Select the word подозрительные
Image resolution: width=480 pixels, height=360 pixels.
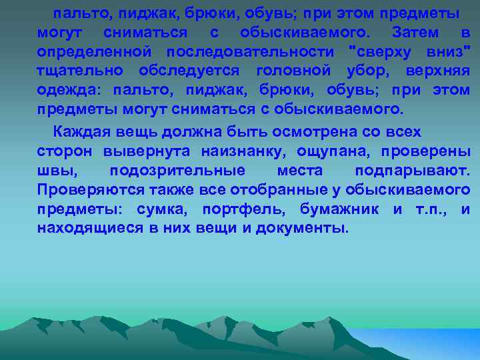pos(177,171)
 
